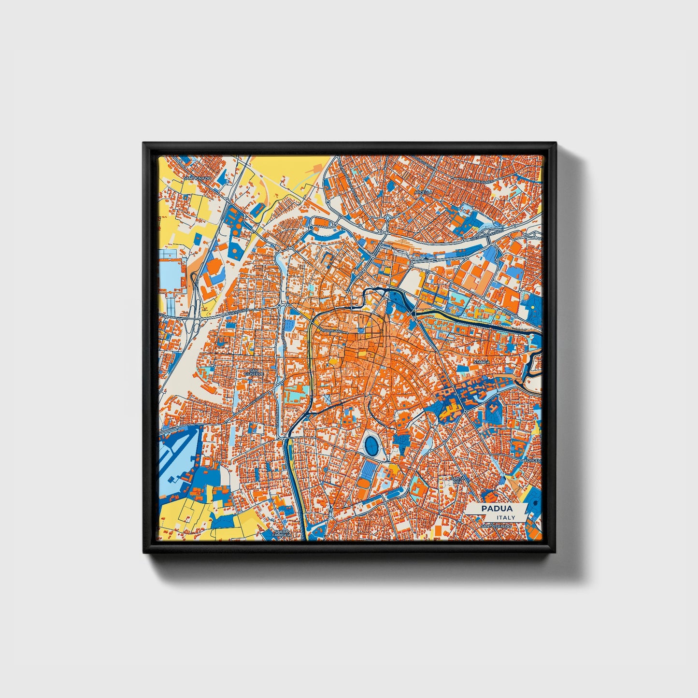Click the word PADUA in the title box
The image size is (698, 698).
(497, 509)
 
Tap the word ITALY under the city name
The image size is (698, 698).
(505, 517)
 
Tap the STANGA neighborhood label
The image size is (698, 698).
(481, 362)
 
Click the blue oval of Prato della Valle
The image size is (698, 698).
(372, 444)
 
